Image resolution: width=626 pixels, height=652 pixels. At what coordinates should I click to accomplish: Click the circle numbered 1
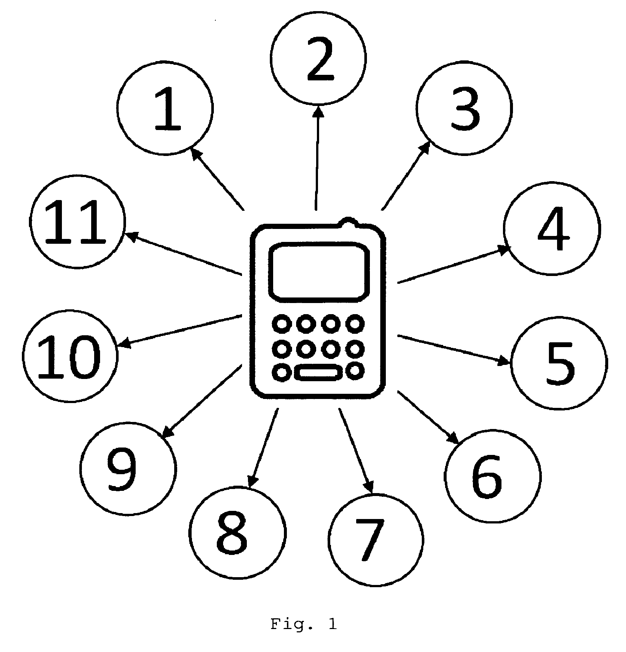point(165,107)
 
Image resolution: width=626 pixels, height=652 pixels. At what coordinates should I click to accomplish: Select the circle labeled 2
point(318,58)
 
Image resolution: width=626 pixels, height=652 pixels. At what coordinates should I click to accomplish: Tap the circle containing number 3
point(464,107)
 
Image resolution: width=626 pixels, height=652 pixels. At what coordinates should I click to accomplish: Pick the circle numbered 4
point(551,228)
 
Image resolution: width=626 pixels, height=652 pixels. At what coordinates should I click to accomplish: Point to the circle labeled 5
point(559,363)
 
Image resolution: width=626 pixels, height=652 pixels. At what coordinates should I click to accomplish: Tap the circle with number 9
point(127,468)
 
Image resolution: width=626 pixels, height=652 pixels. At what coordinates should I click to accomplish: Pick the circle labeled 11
point(77,222)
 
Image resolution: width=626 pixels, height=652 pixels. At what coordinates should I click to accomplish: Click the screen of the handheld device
point(320,270)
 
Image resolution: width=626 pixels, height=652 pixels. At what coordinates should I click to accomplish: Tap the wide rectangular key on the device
point(318,372)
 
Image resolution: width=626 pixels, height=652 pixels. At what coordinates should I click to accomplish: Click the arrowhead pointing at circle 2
point(319,112)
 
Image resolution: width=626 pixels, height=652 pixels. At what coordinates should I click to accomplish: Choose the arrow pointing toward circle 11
point(183,254)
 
